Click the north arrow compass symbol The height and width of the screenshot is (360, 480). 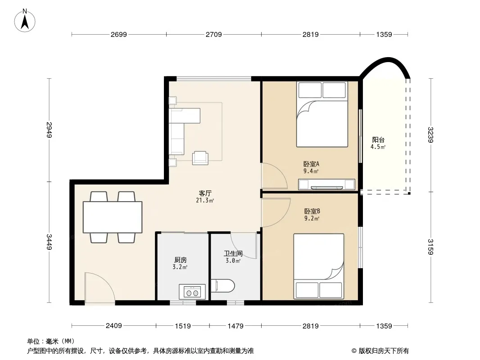pos(25,21)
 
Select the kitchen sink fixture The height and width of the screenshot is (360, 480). pos(192,292)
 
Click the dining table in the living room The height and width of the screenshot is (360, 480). pos(113,217)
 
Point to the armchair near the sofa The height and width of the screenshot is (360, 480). pos(200,158)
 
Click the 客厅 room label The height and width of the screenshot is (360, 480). pos(205,193)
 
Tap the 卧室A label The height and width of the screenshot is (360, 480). pos(311,164)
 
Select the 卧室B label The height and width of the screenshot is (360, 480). pos(312,211)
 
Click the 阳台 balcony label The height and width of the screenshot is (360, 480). pos(378,140)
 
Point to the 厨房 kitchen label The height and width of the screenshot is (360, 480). pos(180,260)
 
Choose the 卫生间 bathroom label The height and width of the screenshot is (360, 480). pos(233,253)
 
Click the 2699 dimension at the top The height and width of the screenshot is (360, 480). pos(119,35)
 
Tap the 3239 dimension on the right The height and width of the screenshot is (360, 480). pos(431,135)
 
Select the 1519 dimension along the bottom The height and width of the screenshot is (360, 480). pos(183,326)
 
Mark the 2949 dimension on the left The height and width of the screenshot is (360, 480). pos(49,130)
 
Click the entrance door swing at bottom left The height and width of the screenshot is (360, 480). pos(100,288)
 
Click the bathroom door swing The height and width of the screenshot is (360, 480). pos(244,245)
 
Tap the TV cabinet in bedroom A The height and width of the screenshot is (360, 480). pos(326,184)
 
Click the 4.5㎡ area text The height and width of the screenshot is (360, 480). pos(378,147)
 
